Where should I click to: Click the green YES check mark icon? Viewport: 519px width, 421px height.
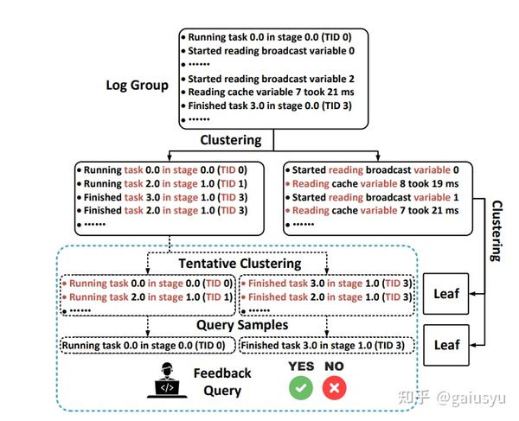pos(301,388)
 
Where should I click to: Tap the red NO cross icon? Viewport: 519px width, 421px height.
pos(331,388)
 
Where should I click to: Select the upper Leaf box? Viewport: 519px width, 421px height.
pos(446,296)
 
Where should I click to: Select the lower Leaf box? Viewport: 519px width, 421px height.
pos(446,344)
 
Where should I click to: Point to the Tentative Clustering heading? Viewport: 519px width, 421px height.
pos(240,263)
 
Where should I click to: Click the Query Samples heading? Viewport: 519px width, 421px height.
pos(240,326)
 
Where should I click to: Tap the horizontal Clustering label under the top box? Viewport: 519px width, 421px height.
pos(231,139)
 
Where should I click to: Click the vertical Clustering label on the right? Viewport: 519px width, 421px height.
pos(497,231)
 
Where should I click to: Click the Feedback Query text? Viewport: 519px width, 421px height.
pos(221,381)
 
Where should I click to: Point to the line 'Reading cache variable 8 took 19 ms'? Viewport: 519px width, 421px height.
pos(375,183)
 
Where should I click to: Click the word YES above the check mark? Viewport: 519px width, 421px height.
pos(300,367)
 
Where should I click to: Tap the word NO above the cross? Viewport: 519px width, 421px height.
pos(331,367)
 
